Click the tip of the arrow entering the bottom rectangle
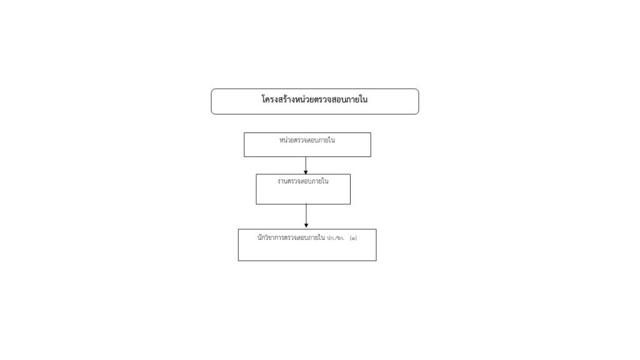coord(306,227)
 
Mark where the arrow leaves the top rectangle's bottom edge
coord(306,157)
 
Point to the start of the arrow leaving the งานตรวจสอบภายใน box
coord(306,204)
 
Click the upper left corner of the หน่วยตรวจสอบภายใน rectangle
coord(244,132)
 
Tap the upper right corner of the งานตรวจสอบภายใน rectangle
coord(350,174)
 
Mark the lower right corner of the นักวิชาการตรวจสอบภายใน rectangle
coord(376,261)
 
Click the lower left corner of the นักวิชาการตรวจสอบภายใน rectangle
coord(238,261)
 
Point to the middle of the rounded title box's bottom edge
coord(315,114)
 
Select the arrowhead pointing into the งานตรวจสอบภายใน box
coord(306,172)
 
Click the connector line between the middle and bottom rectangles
coord(306,216)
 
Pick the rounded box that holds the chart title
coord(315,101)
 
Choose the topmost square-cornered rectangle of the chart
coord(307,144)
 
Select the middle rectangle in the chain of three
coord(303,189)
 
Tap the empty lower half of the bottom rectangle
coord(307,252)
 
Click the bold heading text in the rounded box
coord(314,99)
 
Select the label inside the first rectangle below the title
coord(307,140)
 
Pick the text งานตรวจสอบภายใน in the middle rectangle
coord(303,181)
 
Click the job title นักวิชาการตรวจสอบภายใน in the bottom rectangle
coord(291,237)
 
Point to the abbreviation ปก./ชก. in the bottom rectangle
coord(336,238)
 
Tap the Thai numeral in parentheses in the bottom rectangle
coord(353,238)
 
